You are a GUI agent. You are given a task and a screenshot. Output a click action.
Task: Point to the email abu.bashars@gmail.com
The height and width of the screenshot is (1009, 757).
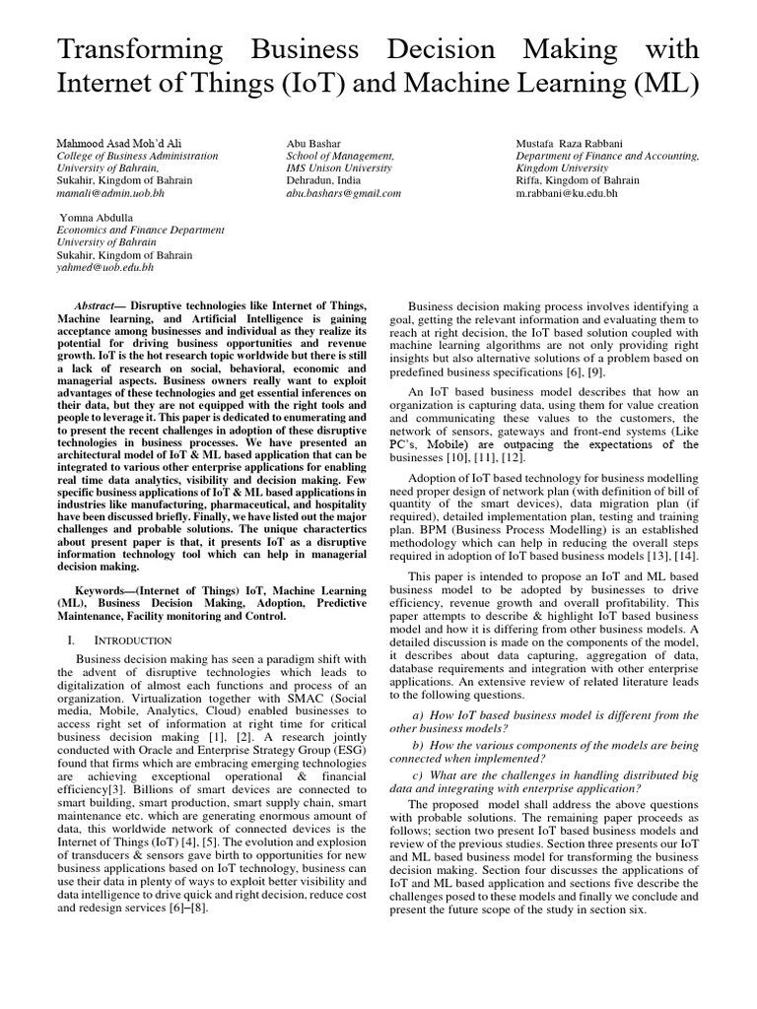344,194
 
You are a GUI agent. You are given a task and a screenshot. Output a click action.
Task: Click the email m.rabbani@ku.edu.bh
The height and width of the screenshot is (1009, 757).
567,194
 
